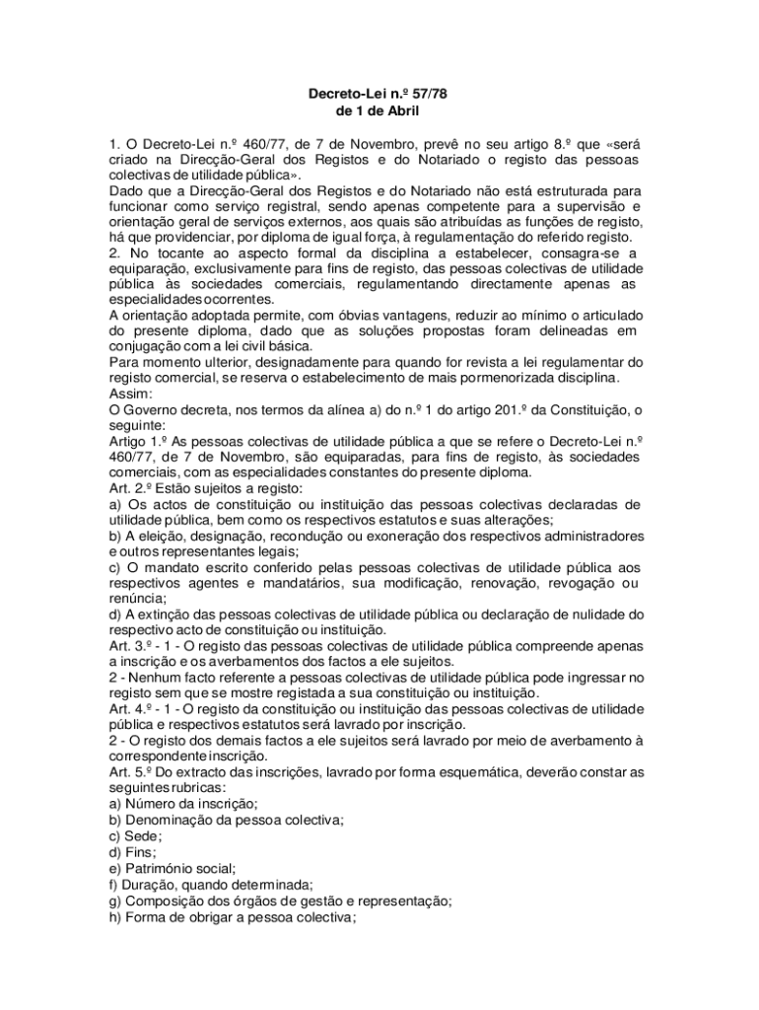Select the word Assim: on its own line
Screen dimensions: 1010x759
tap(131, 393)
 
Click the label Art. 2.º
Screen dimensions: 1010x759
tap(135, 488)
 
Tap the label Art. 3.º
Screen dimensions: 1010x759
tap(135, 646)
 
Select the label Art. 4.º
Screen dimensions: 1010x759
tap(135, 709)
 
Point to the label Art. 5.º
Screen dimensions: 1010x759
tap(135, 772)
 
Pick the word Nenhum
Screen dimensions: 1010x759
tap(149, 678)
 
